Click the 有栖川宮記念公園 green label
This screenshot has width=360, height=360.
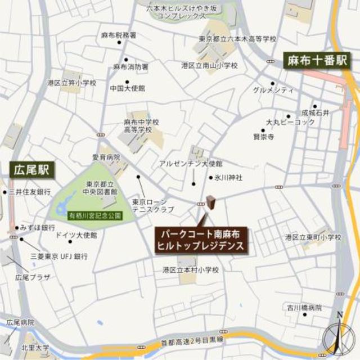click(94, 215)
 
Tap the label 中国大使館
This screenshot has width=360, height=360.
click(128, 88)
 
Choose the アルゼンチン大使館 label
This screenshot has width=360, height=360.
click(191, 164)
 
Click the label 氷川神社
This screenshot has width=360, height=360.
click(228, 178)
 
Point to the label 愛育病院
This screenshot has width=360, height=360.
click(107, 159)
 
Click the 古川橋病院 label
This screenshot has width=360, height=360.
click(304, 308)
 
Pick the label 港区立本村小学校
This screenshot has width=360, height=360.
click(190, 270)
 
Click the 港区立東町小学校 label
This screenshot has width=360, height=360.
click(313, 237)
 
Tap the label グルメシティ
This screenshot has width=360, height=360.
click(273, 90)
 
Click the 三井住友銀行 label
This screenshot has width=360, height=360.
click(30, 192)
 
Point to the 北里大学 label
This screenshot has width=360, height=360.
click(36, 348)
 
